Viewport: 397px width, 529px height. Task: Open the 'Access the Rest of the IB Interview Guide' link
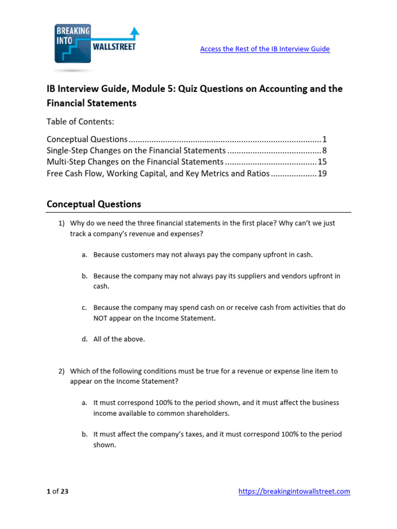click(265, 49)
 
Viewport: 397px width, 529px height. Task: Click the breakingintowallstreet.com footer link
click(294, 492)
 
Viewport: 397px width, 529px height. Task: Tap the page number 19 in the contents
click(322, 174)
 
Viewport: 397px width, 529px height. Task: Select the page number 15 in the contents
click(322, 162)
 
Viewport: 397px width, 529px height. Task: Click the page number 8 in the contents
click(324, 151)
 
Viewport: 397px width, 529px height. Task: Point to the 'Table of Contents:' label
click(80, 122)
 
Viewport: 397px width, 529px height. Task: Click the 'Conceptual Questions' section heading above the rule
click(94, 204)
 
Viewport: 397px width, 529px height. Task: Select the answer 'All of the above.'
click(119, 339)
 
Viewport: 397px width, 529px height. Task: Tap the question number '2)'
click(62, 371)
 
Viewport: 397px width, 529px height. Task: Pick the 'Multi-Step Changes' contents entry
click(135, 162)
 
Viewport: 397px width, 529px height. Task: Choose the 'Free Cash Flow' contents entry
click(158, 174)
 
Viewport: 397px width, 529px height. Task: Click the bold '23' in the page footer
click(64, 492)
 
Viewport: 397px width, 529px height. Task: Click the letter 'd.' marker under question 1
click(85, 339)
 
